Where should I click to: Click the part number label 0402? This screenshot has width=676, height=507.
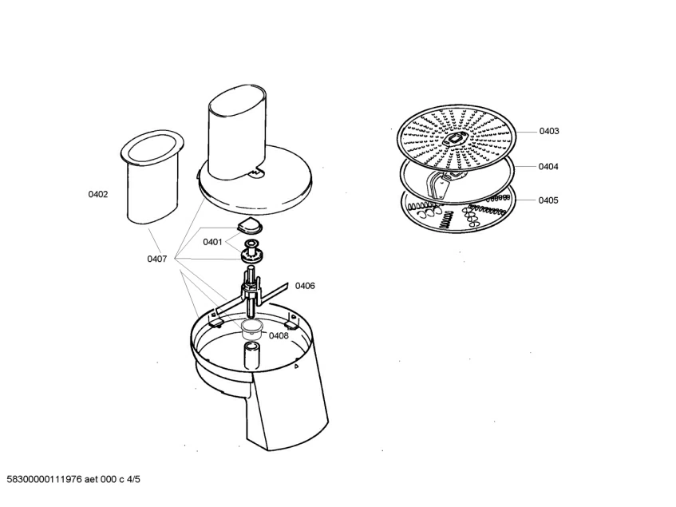pyautogui.click(x=98, y=195)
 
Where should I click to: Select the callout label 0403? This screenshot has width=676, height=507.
pyautogui.click(x=549, y=131)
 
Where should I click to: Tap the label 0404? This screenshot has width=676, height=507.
pyautogui.click(x=548, y=166)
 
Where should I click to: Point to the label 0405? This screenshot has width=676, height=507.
pyautogui.click(x=548, y=200)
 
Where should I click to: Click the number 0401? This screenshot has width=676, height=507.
pyautogui.click(x=212, y=242)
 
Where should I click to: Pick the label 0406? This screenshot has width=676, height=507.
pyautogui.click(x=305, y=285)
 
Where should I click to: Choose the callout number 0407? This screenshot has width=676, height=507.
pyautogui.click(x=157, y=259)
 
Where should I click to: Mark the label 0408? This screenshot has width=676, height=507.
pyautogui.click(x=279, y=335)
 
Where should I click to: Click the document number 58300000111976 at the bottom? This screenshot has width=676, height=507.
pyautogui.click(x=45, y=479)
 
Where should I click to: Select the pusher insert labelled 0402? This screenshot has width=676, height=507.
pyautogui.click(x=152, y=176)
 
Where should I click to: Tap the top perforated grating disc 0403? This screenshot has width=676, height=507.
pyautogui.click(x=457, y=139)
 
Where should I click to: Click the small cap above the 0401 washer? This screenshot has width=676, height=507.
pyautogui.click(x=250, y=225)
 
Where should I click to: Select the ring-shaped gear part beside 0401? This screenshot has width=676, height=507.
pyautogui.click(x=252, y=255)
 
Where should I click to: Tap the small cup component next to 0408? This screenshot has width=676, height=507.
pyautogui.click(x=253, y=329)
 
